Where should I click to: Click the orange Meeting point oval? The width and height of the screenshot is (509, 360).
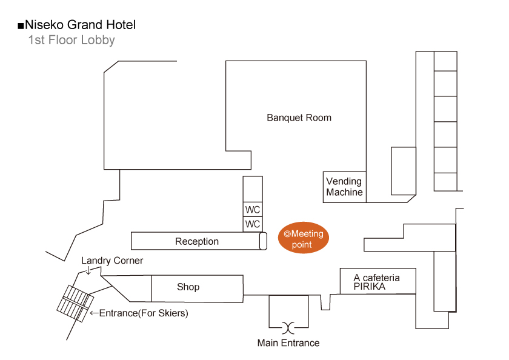click(303, 238)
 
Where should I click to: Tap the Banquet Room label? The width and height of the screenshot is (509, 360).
click(299, 118)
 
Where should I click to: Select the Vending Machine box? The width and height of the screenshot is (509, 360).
click(344, 187)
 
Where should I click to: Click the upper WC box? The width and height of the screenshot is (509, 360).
click(253, 209)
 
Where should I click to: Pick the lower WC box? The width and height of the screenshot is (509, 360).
click(253, 224)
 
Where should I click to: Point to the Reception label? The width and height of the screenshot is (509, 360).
click(197, 241)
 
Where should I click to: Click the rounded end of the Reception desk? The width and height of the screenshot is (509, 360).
click(263, 241)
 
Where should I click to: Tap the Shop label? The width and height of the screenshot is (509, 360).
click(188, 287)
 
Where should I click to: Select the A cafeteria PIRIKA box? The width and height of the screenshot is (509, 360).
click(378, 281)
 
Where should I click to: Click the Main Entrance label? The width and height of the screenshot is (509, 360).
click(288, 343)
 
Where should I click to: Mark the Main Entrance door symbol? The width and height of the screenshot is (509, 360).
click(288, 327)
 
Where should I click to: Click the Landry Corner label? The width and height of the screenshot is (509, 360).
click(112, 261)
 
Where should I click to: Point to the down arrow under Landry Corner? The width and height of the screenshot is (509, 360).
click(88, 270)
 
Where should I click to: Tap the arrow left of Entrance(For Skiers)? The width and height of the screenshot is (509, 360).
click(94, 313)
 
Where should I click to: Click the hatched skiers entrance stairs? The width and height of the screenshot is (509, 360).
click(75, 304)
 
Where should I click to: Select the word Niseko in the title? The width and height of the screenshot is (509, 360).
click(45, 25)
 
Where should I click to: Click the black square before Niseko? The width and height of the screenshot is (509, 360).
click(21, 25)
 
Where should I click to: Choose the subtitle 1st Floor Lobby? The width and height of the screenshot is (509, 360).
click(72, 40)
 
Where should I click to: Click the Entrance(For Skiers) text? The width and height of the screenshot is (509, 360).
click(144, 313)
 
